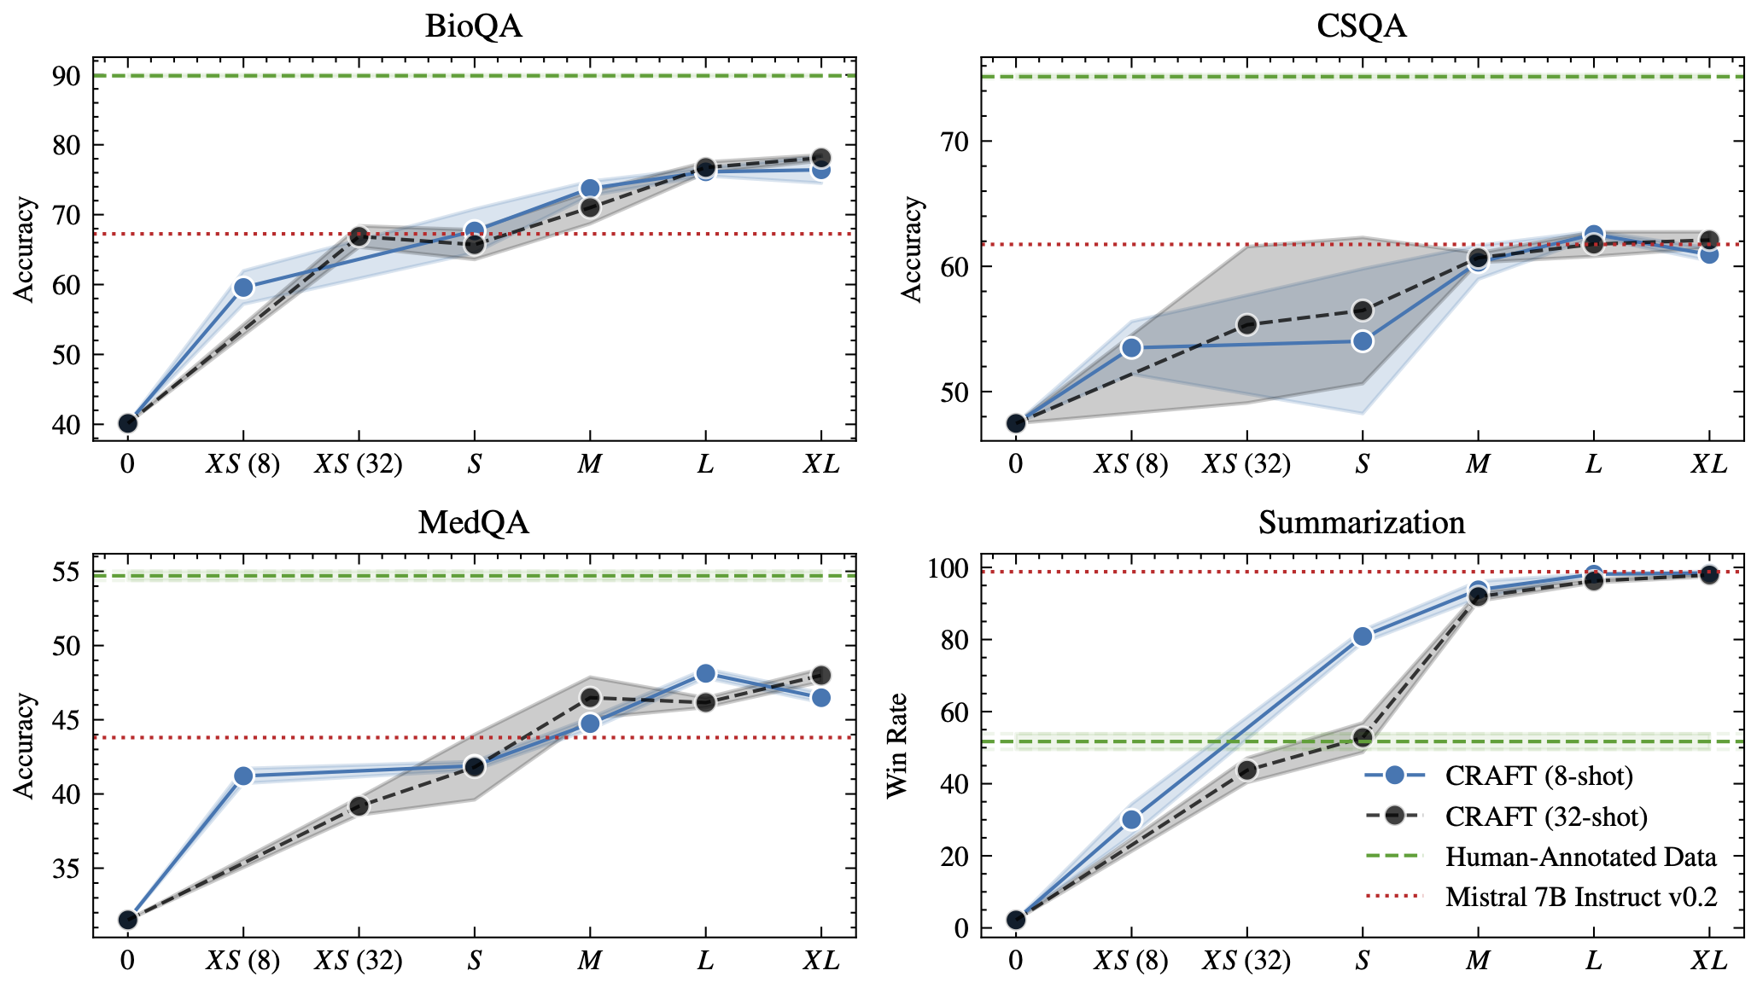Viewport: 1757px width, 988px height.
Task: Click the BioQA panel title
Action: point(473,26)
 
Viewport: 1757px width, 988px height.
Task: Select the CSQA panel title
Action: point(1361,26)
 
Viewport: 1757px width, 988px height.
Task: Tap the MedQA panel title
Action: point(473,522)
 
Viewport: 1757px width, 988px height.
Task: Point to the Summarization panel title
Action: point(1361,522)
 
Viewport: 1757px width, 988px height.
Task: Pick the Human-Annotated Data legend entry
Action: point(1580,857)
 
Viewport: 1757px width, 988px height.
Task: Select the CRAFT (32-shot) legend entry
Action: point(1545,817)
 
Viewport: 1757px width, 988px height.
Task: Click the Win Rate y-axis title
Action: point(896,746)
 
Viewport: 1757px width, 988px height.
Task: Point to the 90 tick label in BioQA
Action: point(67,76)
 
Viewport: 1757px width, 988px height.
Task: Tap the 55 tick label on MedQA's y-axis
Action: point(67,572)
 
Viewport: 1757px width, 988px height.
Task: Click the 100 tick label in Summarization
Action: point(948,568)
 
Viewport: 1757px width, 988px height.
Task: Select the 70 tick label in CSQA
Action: point(954,141)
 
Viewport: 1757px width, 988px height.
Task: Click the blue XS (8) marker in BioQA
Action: point(243,288)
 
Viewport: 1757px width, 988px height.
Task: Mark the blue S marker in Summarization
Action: point(1363,636)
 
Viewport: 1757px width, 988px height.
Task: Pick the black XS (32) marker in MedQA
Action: point(359,806)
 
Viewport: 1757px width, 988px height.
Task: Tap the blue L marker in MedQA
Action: point(705,674)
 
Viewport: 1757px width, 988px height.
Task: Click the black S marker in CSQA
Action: point(1363,310)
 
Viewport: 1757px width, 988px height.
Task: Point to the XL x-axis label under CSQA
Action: point(1708,464)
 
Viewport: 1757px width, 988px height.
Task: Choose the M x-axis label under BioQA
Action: point(590,464)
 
